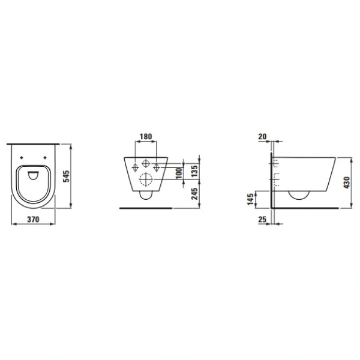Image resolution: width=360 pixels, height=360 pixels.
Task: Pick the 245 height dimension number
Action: pos(193,194)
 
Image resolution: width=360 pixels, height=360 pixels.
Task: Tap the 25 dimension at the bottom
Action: pos(262,220)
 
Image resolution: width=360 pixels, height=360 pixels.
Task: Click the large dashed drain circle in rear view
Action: pos(146,179)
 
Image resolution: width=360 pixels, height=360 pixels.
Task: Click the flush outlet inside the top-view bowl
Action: pos(33,175)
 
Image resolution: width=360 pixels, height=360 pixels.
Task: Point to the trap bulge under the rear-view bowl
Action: pos(146,195)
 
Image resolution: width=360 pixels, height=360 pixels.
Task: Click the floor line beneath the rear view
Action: pos(146,208)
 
